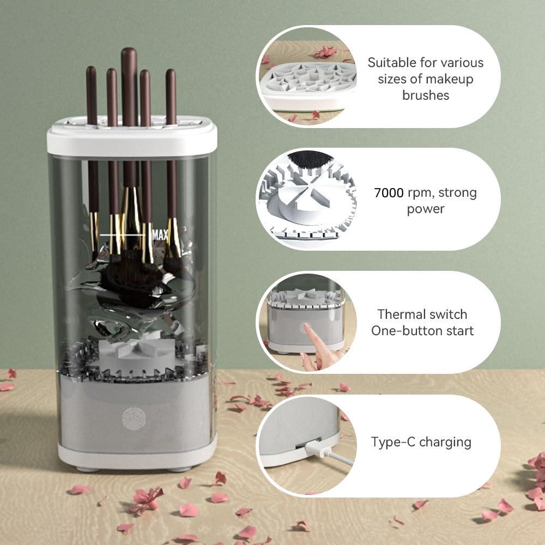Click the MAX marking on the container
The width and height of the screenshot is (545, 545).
pyautogui.click(x=160, y=235)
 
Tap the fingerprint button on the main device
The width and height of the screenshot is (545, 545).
pyautogui.click(x=134, y=418)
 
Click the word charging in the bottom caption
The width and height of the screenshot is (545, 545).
pyautogui.click(x=446, y=441)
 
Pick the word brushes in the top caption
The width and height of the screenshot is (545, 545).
pyautogui.click(x=426, y=95)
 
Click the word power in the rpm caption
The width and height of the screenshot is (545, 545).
pyautogui.click(x=426, y=209)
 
